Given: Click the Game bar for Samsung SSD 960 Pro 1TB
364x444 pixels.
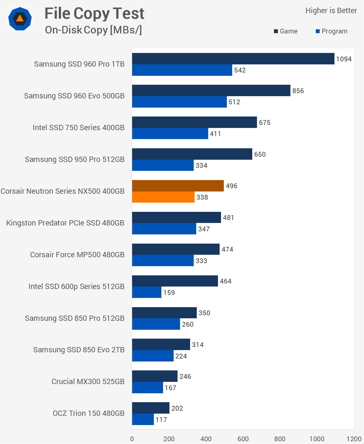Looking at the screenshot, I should click(x=233, y=59).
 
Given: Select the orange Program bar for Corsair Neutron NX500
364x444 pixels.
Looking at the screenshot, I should click(x=163, y=197).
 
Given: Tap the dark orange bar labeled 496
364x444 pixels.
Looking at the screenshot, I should click(x=178, y=186).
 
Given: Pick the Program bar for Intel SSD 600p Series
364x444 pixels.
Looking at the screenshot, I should click(x=147, y=292).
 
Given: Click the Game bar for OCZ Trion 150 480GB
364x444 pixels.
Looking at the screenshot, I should click(x=151, y=408).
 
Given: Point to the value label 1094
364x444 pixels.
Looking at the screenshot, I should click(x=344, y=59).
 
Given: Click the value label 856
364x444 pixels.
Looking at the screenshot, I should click(x=298, y=91).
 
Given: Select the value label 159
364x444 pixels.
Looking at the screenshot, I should click(x=169, y=293).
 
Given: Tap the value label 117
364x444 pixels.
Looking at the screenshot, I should click(x=161, y=420).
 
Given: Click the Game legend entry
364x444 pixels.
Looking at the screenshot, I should click(x=286, y=31).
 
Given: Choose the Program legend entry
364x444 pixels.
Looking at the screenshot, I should click(x=331, y=31).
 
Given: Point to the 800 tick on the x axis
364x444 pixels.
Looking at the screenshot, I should click(x=280, y=439).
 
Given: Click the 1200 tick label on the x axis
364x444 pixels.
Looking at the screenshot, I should click(x=354, y=439).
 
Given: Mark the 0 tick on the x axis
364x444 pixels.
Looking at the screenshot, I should click(x=132, y=439).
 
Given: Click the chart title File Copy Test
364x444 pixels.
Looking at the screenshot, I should click(x=94, y=13).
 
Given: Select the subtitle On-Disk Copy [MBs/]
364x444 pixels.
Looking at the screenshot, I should click(x=93, y=30).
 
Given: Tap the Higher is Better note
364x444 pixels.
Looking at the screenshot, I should click(x=331, y=11).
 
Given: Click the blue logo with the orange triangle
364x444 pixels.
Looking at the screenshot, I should click(x=20, y=19).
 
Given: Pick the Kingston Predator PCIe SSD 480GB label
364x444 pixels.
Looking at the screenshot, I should click(x=65, y=223).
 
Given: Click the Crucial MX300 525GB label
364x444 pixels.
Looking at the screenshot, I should click(x=88, y=382).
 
